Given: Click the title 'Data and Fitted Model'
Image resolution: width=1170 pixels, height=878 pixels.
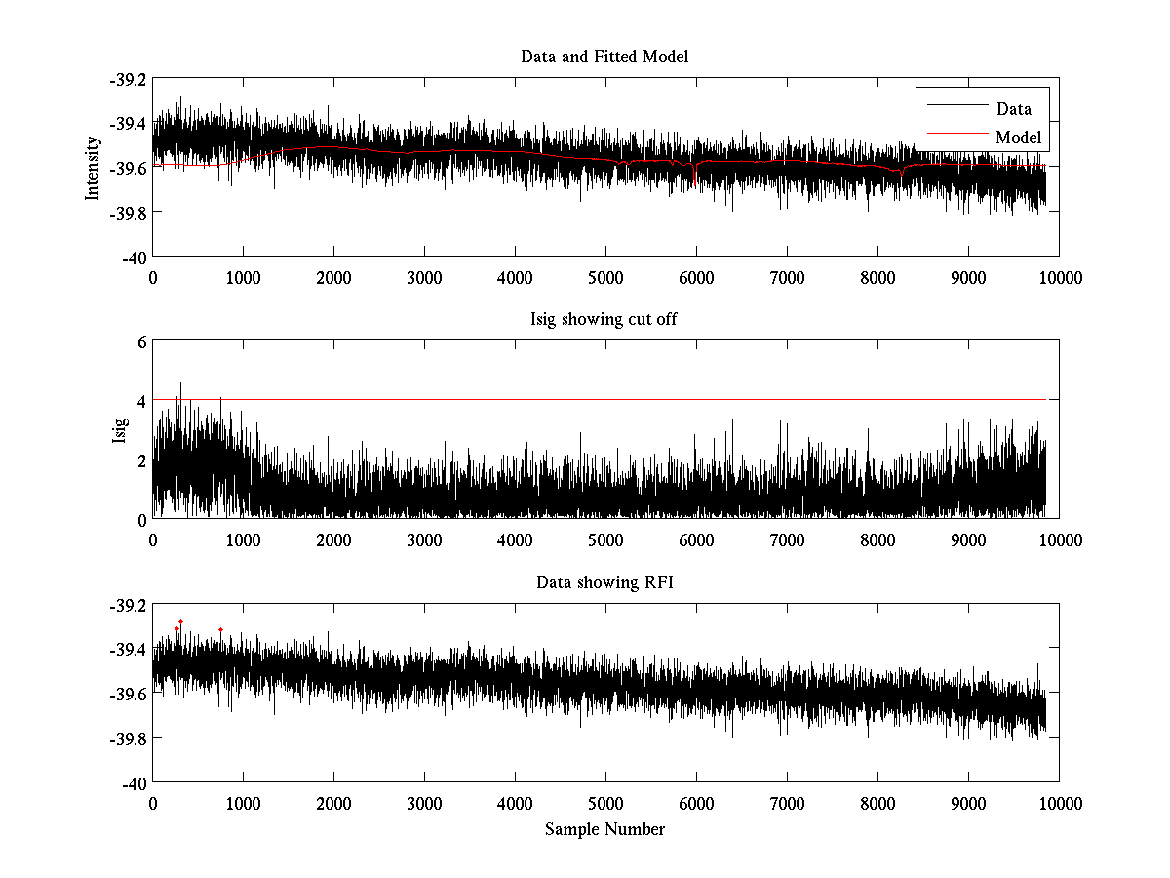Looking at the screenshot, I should click(604, 57).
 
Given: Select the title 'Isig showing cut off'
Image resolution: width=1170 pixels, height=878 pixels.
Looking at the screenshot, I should click(604, 320).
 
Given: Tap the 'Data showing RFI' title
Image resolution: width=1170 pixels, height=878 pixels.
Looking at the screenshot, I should click(604, 583).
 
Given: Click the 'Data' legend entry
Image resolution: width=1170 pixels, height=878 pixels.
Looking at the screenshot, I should click(1013, 109).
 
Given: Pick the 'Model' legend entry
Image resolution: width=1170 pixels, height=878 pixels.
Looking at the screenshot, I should click(1018, 138).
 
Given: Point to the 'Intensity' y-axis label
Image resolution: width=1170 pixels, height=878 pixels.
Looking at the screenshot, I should click(94, 167).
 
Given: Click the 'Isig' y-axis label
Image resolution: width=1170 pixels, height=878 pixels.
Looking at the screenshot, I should click(120, 430).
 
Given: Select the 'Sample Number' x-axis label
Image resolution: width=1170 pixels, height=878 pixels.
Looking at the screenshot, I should click(604, 829).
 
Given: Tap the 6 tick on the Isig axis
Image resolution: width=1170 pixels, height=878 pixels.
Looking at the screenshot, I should click(141, 342).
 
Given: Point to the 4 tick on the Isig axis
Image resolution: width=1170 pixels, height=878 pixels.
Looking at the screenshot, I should click(141, 401).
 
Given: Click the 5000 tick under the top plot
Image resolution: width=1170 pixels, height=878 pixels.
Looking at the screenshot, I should click(605, 277).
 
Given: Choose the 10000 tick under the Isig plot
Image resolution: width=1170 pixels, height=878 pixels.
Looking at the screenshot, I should click(1059, 539).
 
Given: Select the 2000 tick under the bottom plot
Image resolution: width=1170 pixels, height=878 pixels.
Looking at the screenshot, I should click(333, 803).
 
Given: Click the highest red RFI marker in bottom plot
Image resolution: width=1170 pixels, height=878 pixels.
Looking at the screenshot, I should click(180, 621).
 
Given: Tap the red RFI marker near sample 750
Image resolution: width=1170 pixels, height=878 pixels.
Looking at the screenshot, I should click(220, 629).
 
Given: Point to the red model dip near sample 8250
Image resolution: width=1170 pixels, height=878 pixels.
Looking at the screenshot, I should click(901, 175).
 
